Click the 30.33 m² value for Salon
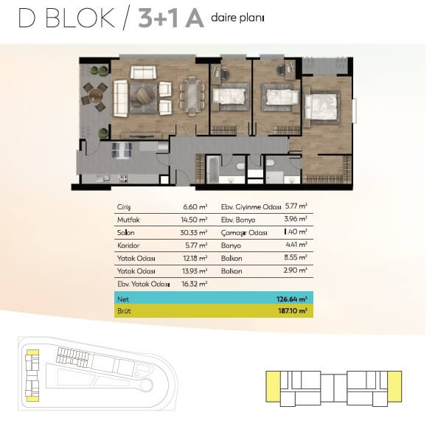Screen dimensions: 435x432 pyautogui.click(x=194, y=232)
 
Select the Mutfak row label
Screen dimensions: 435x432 pyautogui.click(x=128, y=220)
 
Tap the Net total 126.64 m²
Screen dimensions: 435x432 pyautogui.click(x=291, y=299)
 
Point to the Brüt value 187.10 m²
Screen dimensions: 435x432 pyautogui.click(x=293, y=311)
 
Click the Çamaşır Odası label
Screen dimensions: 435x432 pyautogui.click(x=244, y=233)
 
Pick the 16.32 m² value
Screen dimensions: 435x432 pyautogui.click(x=195, y=284)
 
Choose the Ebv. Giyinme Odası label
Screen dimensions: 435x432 pyautogui.click(x=251, y=207)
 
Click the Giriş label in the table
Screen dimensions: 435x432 pyautogui.click(x=124, y=207)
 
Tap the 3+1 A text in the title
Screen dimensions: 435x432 pyautogui.click(x=171, y=18)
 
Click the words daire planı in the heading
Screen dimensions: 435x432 pyautogui.click(x=237, y=18)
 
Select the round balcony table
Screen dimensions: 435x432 pyautogui.click(x=96, y=95)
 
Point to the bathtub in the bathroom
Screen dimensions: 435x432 pyautogui.click(x=213, y=170)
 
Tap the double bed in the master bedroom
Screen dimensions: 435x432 pyautogui.click(x=321, y=107)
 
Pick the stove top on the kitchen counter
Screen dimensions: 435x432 pyautogui.click(x=123, y=178)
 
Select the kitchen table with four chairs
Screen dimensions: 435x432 pyautogui.click(x=122, y=150)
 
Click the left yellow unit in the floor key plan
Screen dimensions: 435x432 pyautogui.click(x=273, y=386)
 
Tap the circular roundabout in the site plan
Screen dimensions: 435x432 pyautogui.click(x=146, y=385)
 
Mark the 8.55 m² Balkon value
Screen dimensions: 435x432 pyautogui.click(x=295, y=257)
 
